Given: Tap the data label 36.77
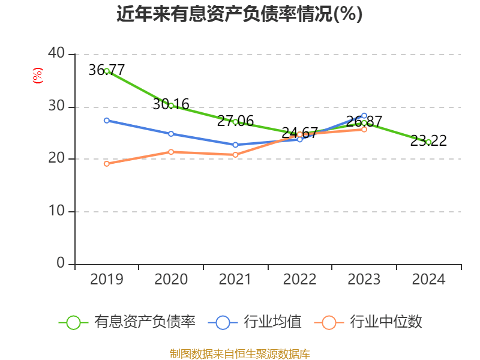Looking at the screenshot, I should (106, 70).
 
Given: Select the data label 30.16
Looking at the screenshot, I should (171, 104).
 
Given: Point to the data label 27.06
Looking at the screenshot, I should (235, 121).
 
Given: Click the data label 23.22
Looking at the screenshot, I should (428, 141).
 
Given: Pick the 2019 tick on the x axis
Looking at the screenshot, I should (106, 279).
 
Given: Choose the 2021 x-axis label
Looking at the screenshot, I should (235, 279).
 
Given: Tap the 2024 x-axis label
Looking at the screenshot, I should (428, 279).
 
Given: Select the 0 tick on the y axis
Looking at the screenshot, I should (61, 263).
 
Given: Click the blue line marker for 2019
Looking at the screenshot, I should (106, 121).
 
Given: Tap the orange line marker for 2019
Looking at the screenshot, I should (106, 163).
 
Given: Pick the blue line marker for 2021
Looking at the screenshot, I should (235, 145).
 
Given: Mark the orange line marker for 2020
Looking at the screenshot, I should (171, 152).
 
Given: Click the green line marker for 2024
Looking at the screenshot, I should (428, 142).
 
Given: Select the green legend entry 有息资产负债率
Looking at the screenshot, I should (127, 322).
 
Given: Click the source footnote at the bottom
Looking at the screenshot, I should (239, 353).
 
